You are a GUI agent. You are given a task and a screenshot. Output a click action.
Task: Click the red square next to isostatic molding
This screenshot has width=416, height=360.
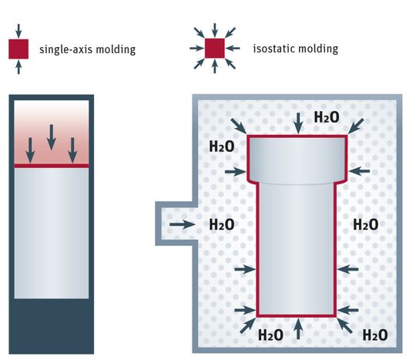pyautogui.click(x=214, y=49)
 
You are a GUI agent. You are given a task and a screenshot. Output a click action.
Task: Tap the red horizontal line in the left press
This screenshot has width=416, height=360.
pyautogui.click(x=52, y=166)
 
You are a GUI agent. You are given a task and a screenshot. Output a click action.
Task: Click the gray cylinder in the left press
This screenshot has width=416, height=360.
pyautogui.click(x=52, y=231)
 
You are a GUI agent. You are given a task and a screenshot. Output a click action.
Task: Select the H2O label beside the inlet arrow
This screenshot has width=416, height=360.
pyautogui.click(x=222, y=225)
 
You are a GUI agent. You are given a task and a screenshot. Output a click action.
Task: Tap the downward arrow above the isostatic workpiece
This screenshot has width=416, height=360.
pyautogui.click(x=297, y=121)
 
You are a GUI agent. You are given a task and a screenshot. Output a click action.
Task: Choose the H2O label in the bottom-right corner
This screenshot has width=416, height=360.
pyautogui.click(x=374, y=335)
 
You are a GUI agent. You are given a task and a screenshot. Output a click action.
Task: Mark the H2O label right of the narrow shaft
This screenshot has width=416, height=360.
pyautogui.click(x=365, y=224)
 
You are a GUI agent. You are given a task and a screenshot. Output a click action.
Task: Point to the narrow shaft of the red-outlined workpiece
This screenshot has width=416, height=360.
pyautogui.click(x=297, y=247)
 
